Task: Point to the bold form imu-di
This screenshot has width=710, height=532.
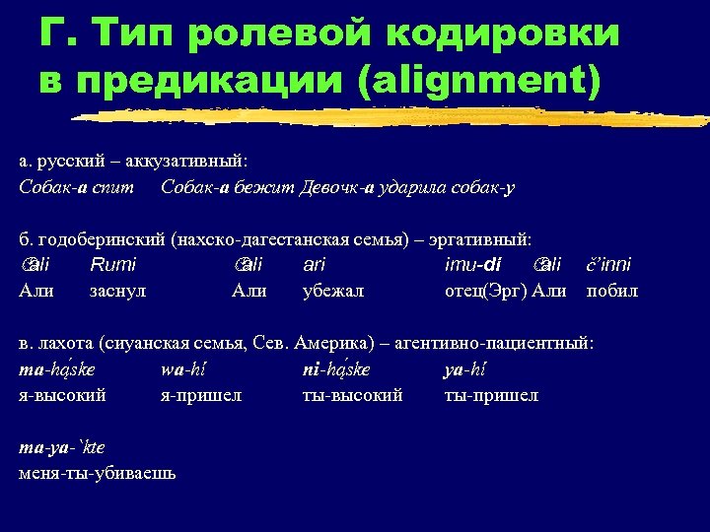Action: coord(474,264)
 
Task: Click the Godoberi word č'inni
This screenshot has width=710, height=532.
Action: coord(608,264)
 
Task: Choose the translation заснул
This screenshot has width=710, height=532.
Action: coord(118,291)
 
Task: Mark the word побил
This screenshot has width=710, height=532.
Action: coord(612,291)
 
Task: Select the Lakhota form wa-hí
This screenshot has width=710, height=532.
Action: coord(182,369)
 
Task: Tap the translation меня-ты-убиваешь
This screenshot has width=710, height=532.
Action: coord(98,473)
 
